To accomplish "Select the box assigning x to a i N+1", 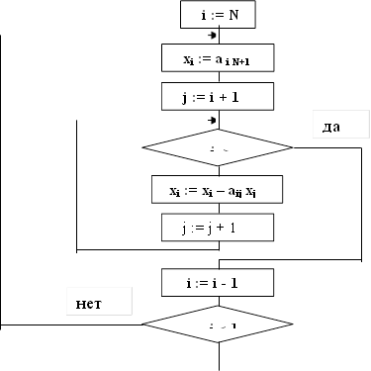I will click(218, 58).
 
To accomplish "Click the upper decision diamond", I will click(218, 147).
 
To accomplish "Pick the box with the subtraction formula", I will click(218, 189).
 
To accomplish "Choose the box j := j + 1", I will click(218, 227).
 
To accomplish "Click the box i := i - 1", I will click(218, 282).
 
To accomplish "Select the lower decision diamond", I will click(218, 324).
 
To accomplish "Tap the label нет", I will click(98, 301).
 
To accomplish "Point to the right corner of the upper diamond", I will click(292, 147).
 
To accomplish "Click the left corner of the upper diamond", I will click(143, 147).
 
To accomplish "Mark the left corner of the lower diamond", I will click(143, 324).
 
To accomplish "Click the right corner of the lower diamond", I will click(292, 324).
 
